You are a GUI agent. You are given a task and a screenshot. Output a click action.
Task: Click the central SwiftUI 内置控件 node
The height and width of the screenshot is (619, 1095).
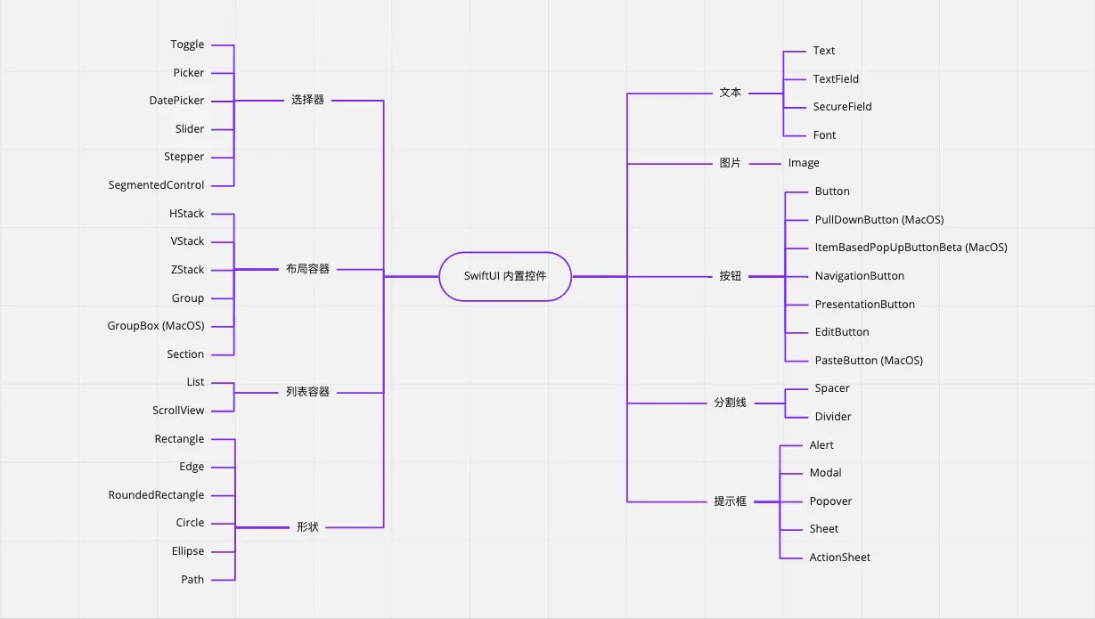505,276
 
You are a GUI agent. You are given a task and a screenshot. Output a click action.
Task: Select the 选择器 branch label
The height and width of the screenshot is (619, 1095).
307,100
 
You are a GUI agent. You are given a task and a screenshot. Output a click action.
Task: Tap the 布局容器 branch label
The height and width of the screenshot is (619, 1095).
307,269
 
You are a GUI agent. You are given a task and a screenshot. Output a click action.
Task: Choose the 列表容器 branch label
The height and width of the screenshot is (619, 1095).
307,392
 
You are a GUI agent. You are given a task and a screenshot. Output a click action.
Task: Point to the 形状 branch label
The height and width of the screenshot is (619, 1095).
307,527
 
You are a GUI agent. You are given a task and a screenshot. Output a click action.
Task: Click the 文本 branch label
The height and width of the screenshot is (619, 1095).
730,93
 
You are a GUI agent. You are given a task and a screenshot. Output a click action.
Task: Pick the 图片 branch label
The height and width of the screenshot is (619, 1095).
730,163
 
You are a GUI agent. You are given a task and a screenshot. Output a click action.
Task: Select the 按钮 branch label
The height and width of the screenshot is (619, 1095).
730,276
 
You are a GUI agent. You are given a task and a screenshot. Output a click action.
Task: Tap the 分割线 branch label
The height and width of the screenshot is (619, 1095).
730,403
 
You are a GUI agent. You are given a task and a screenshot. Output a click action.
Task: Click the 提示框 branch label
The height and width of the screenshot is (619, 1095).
730,501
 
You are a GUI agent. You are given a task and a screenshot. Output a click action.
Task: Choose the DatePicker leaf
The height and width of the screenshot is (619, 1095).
176,101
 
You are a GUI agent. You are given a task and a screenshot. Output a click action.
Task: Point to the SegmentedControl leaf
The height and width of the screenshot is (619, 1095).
156,185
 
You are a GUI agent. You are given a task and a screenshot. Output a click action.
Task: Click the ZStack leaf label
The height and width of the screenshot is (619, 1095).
187,270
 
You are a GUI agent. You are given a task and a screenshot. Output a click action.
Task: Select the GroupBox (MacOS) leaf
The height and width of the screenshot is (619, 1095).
156,326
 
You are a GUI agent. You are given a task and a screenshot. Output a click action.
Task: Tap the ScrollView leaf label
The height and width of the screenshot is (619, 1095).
178,411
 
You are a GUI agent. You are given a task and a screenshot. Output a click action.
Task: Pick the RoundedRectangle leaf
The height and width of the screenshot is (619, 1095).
156,495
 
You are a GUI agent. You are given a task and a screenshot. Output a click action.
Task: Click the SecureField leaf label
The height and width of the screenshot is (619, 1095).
842,107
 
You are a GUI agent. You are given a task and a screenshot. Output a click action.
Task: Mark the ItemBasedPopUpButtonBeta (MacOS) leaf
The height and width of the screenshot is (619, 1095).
911,248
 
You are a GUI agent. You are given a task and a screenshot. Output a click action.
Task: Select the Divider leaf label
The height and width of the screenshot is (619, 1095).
833,417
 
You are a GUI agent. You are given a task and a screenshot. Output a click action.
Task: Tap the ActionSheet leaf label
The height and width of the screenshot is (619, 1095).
839,558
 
